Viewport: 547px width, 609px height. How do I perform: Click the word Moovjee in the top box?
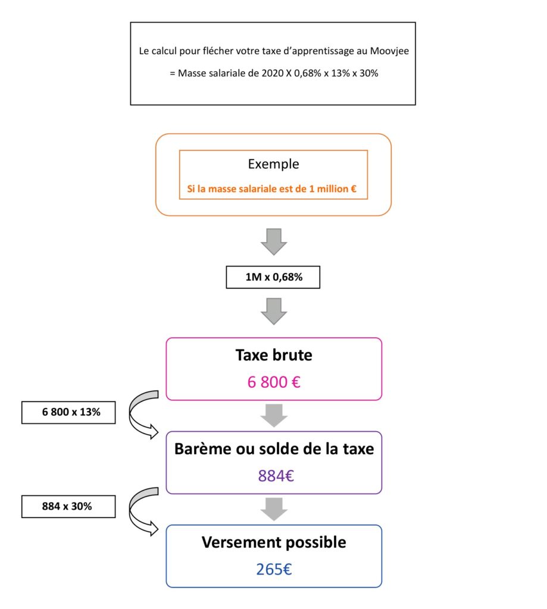389,51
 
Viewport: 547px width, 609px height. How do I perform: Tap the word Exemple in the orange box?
273,164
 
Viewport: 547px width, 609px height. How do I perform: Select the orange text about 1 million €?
272,189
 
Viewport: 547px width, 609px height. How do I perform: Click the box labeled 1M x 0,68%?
273,277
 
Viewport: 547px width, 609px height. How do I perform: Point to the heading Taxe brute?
274,355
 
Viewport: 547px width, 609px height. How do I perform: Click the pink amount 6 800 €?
274,382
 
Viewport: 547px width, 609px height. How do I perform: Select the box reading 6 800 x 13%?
68,412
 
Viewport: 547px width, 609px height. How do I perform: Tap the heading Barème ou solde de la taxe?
274,448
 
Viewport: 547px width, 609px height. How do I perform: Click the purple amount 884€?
276,476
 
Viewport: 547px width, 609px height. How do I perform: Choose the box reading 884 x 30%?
68,507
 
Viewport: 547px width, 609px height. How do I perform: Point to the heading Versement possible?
274,542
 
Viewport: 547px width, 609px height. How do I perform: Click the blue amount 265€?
274,569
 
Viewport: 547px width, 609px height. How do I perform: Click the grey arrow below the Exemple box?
274,241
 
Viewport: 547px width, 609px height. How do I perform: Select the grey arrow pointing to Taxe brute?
274,311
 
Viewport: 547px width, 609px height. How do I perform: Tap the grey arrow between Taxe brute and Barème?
274,416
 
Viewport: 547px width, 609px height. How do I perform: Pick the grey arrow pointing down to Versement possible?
274,509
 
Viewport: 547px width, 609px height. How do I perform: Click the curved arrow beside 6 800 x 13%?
132,414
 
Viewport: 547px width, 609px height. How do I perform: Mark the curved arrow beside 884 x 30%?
132,510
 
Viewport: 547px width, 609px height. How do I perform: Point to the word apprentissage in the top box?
322,51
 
